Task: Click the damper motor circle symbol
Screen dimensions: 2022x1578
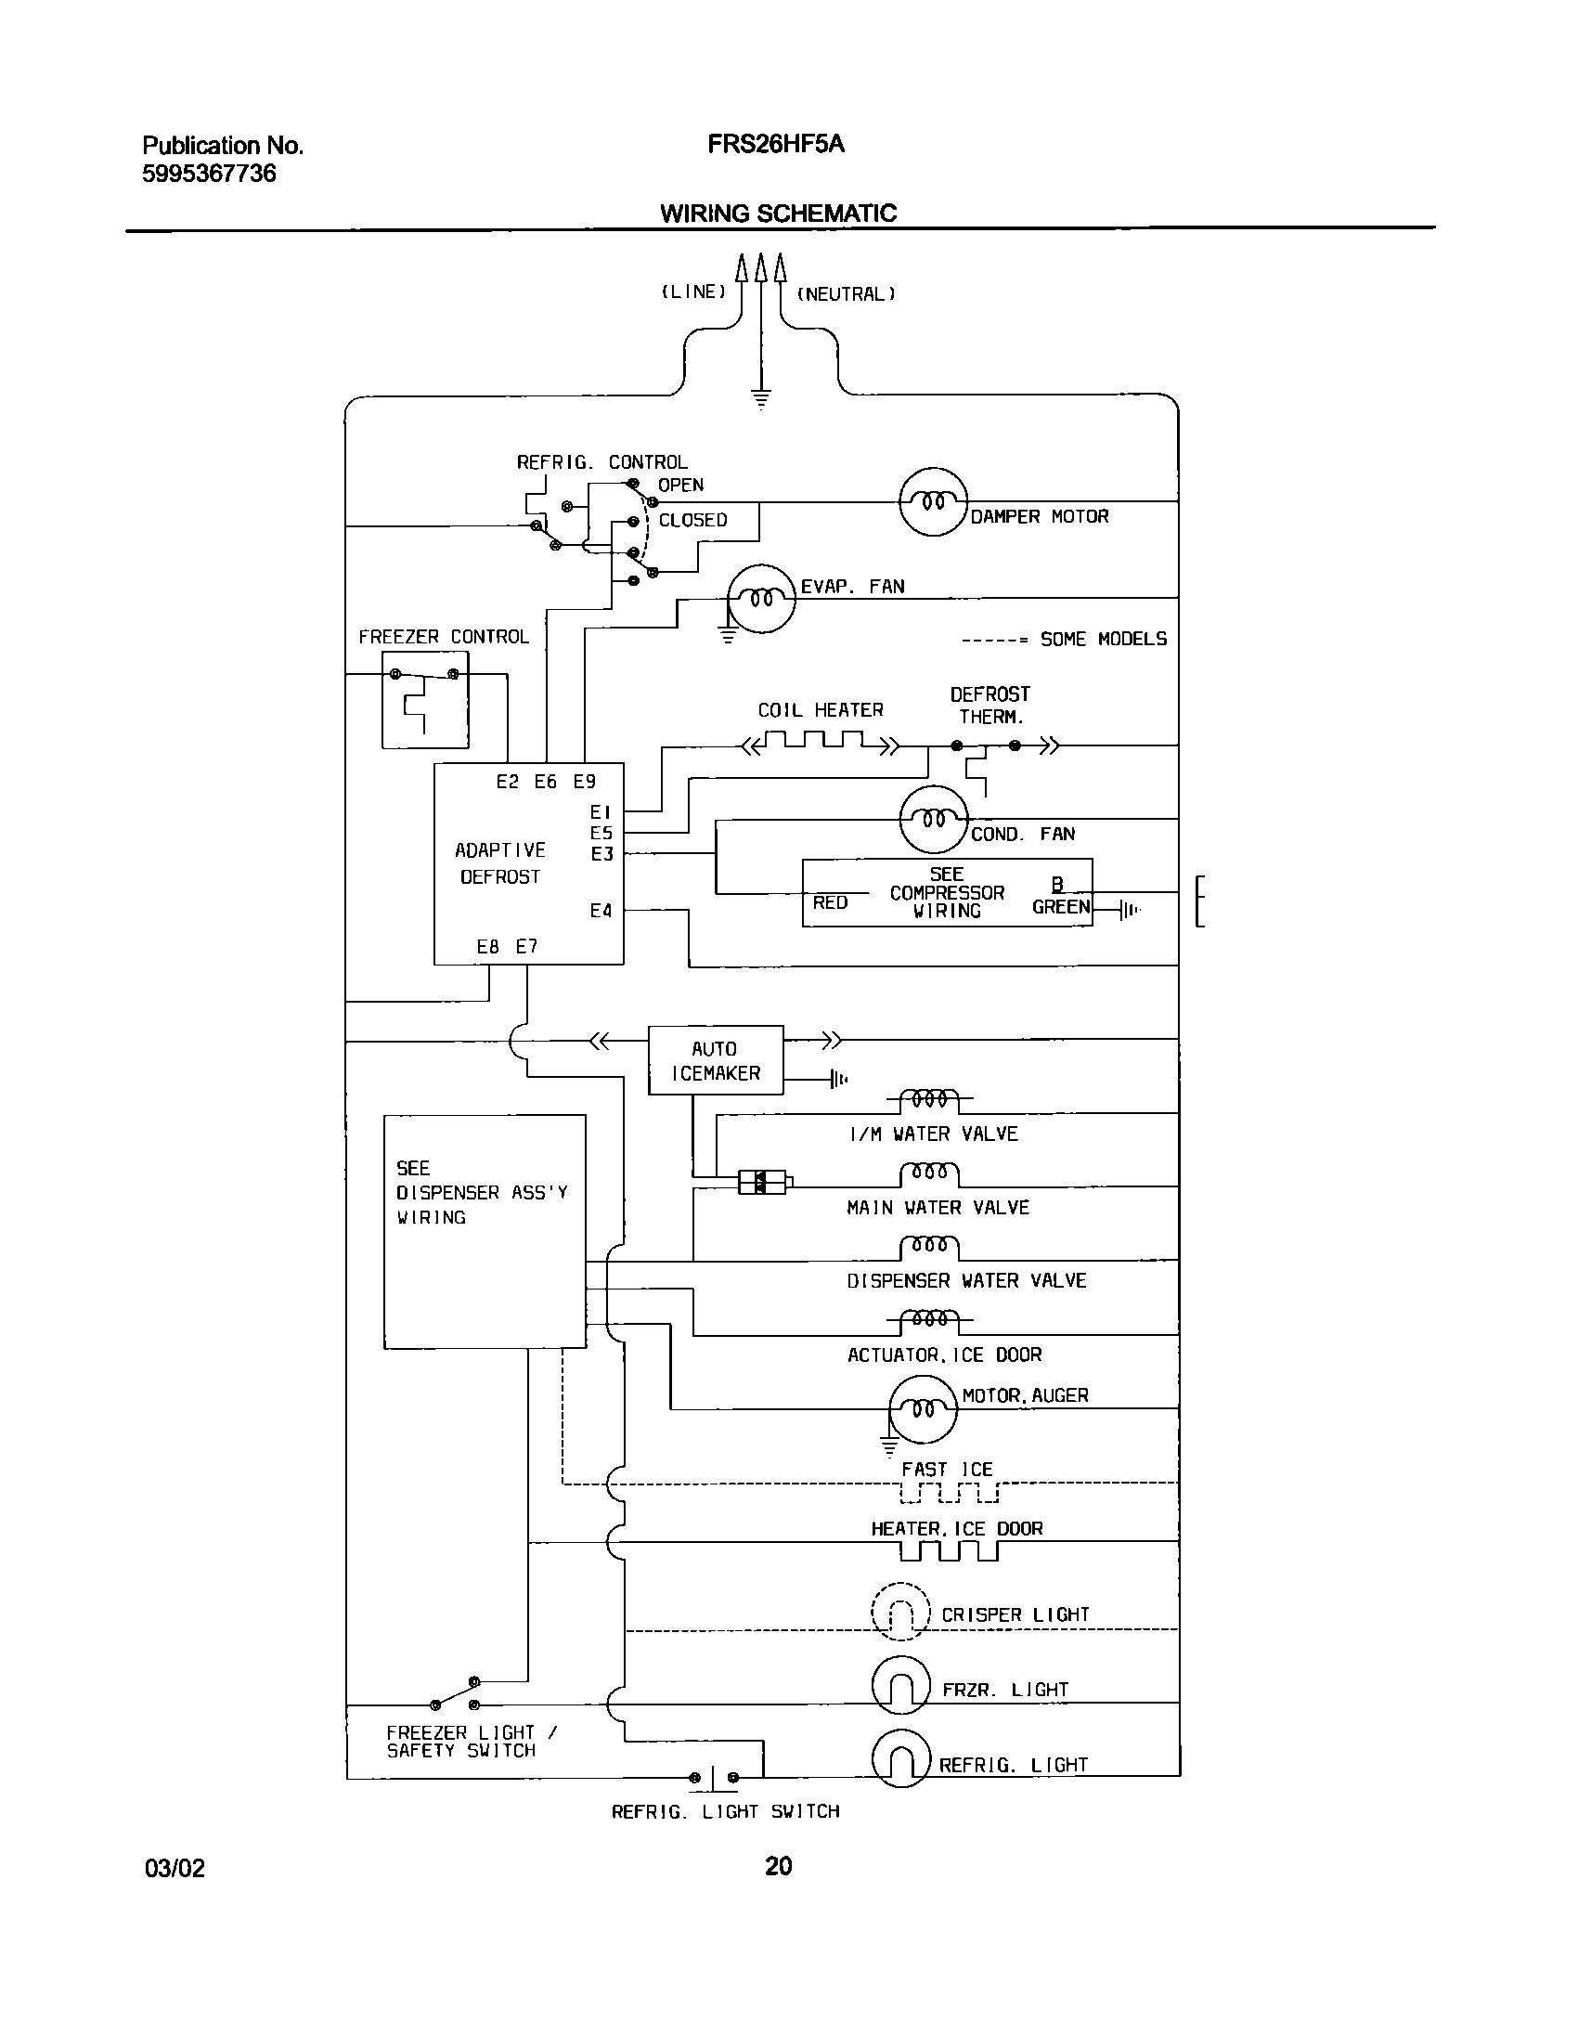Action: pos(934,502)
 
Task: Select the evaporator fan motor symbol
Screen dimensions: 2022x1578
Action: pos(761,599)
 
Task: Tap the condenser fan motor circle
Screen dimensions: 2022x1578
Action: pos(934,819)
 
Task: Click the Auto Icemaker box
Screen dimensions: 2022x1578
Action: pos(715,1060)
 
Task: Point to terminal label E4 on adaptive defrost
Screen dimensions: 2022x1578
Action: pos(601,912)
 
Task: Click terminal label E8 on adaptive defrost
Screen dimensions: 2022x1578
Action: pos(488,947)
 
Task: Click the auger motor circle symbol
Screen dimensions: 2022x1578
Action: pos(923,1409)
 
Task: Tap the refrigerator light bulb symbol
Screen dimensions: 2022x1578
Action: pos(901,1759)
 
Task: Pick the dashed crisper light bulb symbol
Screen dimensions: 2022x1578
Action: pos(901,1611)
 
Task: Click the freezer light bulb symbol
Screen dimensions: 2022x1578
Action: pos(901,1685)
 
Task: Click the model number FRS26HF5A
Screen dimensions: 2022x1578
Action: pos(776,145)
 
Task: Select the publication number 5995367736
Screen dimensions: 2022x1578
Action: pos(209,174)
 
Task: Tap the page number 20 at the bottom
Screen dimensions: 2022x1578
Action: pos(778,1866)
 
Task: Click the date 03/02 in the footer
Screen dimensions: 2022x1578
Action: pos(175,1868)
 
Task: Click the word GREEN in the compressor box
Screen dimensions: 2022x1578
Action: pos(1061,908)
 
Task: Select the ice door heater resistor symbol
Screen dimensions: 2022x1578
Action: pos(948,1551)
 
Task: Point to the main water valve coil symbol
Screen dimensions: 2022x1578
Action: pos(929,1174)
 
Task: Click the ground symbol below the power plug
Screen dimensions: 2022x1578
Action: pos(761,400)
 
